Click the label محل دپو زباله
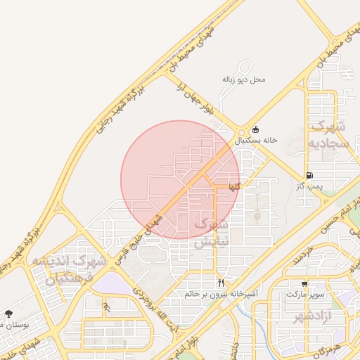pyautogui.click(x=243, y=79)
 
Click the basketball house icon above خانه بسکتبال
pyautogui.click(x=255, y=129)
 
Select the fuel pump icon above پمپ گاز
pyautogui.click(x=309, y=175)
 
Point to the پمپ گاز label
pyautogui.click(x=309, y=186)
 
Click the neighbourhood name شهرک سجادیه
pyautogui.click(x=327, y=134)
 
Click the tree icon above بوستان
pyautogui.click(x=8, y=314)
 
